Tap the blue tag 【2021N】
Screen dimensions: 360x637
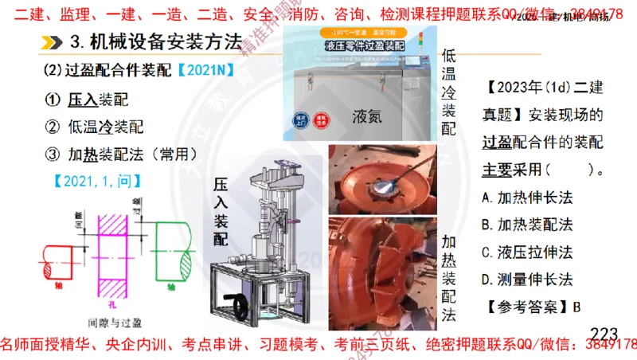click(205, 71)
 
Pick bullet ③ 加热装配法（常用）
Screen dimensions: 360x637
click(131, 154)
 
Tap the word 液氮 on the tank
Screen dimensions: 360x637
click(367, 116)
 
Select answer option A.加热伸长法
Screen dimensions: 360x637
click(528, 197)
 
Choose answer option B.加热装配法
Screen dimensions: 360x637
click(528, 225)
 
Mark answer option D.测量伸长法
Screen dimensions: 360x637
click(528, 279)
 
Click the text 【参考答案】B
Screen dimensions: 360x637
click(532, 306)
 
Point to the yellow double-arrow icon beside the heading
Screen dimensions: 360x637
click(52, 41)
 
